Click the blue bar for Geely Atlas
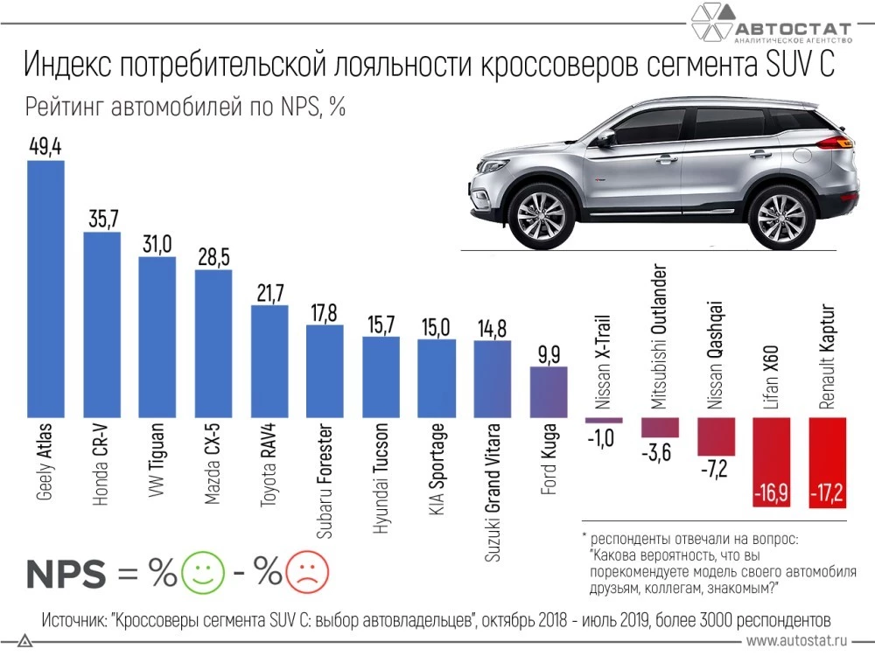[46, 289]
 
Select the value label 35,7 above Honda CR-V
[102, 219]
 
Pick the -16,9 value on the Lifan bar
[771, 495]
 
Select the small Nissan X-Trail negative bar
[603, 421]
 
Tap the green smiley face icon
[202, 573]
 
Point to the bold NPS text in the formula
[66, 574]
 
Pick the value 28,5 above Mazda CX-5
[213, 258]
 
